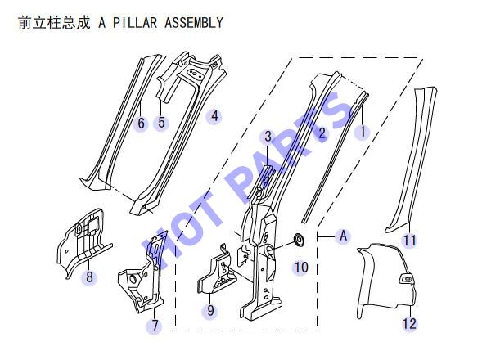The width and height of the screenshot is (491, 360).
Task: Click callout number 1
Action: (363, 132)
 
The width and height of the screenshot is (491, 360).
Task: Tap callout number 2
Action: (322, 133)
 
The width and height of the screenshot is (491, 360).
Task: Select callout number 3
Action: (268, 137)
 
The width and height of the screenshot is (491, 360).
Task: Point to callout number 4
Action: (214, 116)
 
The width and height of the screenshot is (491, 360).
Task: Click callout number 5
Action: (161, 122)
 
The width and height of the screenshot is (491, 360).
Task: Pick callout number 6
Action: (142, 123)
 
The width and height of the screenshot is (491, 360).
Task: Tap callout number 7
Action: (155, 326)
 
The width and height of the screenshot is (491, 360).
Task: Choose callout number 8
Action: (89, 277)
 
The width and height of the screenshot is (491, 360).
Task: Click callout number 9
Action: (210, 310)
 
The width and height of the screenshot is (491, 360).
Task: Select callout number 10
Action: (301, 267)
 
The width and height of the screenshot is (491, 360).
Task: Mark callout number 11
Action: (410, 241)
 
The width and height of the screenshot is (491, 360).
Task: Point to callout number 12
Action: (410, 323)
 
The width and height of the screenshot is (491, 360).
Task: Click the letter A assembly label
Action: (344, 236)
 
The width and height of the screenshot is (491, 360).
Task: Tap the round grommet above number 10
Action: (300, 240)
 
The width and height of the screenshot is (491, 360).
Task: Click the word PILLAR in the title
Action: (135, 23)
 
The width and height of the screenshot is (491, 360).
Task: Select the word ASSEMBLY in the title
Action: (194, 23)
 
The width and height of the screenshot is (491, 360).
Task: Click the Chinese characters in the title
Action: (54, 23)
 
